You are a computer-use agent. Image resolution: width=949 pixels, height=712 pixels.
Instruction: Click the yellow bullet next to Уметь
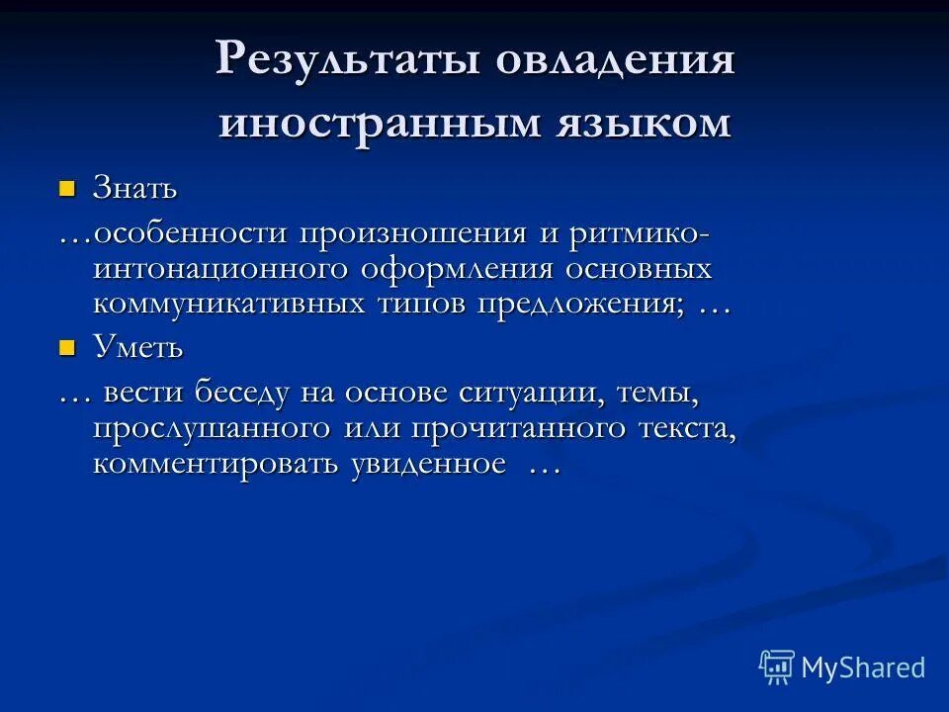(x=67, y=346)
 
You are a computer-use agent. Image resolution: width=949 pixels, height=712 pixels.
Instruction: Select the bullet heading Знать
(x=134, y=187)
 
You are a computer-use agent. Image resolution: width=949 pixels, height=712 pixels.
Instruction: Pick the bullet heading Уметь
(x=137, y=347)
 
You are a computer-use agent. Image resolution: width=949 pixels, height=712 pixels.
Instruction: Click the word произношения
(x=414, y=234)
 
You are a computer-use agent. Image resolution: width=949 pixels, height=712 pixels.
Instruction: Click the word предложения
(x=582, y=303)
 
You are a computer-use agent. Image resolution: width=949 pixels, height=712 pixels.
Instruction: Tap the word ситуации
(x=533, y=394)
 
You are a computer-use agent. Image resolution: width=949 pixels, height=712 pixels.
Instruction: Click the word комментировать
(x=216, y=463)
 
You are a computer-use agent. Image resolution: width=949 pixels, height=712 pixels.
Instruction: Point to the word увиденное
(x=427, y=463)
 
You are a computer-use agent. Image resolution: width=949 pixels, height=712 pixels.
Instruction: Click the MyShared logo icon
(x=777, y=667)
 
